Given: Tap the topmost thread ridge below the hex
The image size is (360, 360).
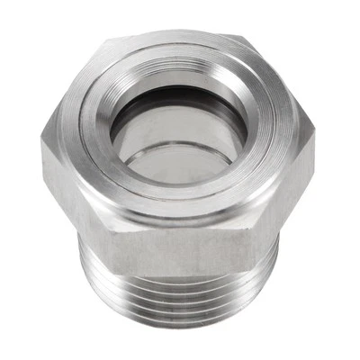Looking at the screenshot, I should [180, 274].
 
